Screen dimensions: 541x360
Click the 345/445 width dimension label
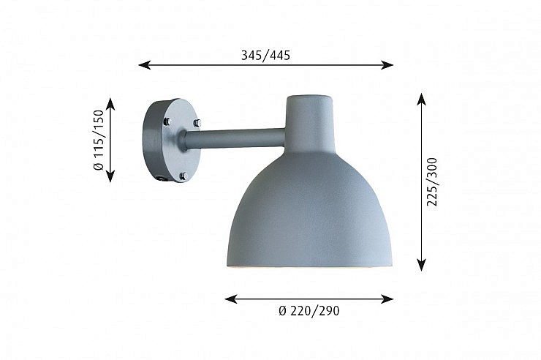(x=265, y=56)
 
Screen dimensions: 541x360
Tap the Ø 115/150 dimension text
(x=99, y=140)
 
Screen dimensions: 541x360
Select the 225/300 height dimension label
(x=432, y=182)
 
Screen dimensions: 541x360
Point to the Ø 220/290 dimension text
(x=309, y=311)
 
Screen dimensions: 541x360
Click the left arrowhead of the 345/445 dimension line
(x=144, y=64)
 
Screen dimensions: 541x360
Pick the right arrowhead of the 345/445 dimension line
(x=387, y=64)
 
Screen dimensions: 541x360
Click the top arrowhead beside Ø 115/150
(x=110, y=104)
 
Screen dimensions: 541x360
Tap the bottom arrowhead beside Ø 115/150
(x=110, y=176)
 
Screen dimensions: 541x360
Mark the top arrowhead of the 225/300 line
(x=421, y=99)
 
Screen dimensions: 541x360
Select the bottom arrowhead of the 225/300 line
(x=421, y=265)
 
